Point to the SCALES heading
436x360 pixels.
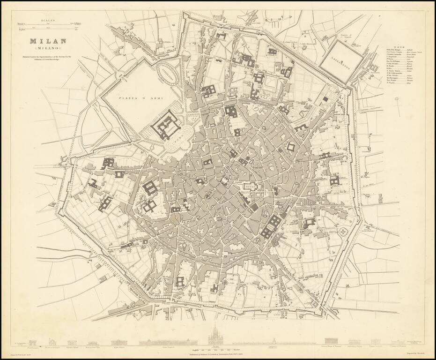[x=47, y=20]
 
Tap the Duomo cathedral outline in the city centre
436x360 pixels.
[x=249, y=187]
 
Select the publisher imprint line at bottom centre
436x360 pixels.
[x=217, y=350]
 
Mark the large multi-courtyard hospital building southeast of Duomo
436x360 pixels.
[x=272, y=225]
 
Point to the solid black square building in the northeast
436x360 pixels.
[x=325, y=98]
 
